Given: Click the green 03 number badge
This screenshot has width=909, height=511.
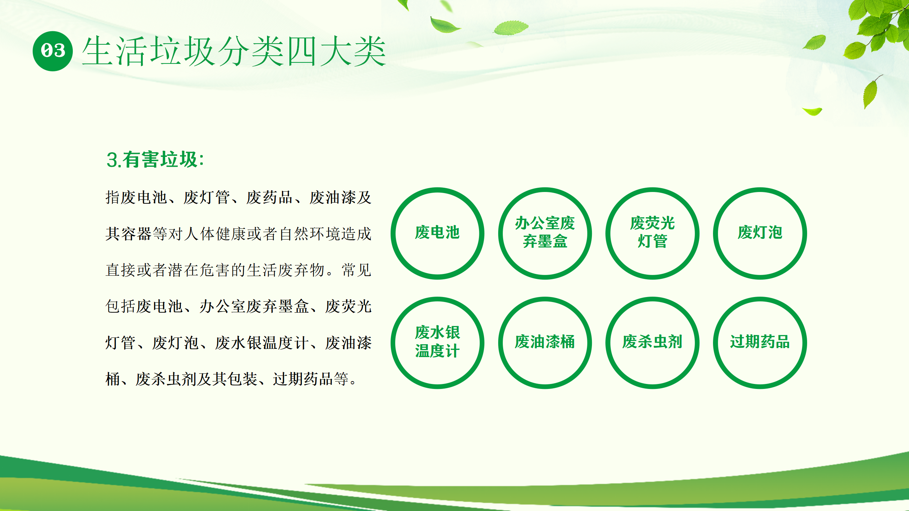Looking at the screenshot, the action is pos(53,51).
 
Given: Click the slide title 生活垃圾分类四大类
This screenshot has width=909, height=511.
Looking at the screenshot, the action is pos(234,51).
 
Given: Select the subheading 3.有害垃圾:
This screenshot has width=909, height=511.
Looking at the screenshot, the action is pos(155,159).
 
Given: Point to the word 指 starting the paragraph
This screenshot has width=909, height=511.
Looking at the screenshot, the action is pos(113,197).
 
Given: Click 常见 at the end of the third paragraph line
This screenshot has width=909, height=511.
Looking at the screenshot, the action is pos(356,270).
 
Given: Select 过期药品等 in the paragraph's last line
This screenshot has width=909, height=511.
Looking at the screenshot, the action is pos(311,379).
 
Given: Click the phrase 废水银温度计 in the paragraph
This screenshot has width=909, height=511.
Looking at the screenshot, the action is pos(261,343).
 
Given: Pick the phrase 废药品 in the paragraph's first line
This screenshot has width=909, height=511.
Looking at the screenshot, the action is pos(269,197).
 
